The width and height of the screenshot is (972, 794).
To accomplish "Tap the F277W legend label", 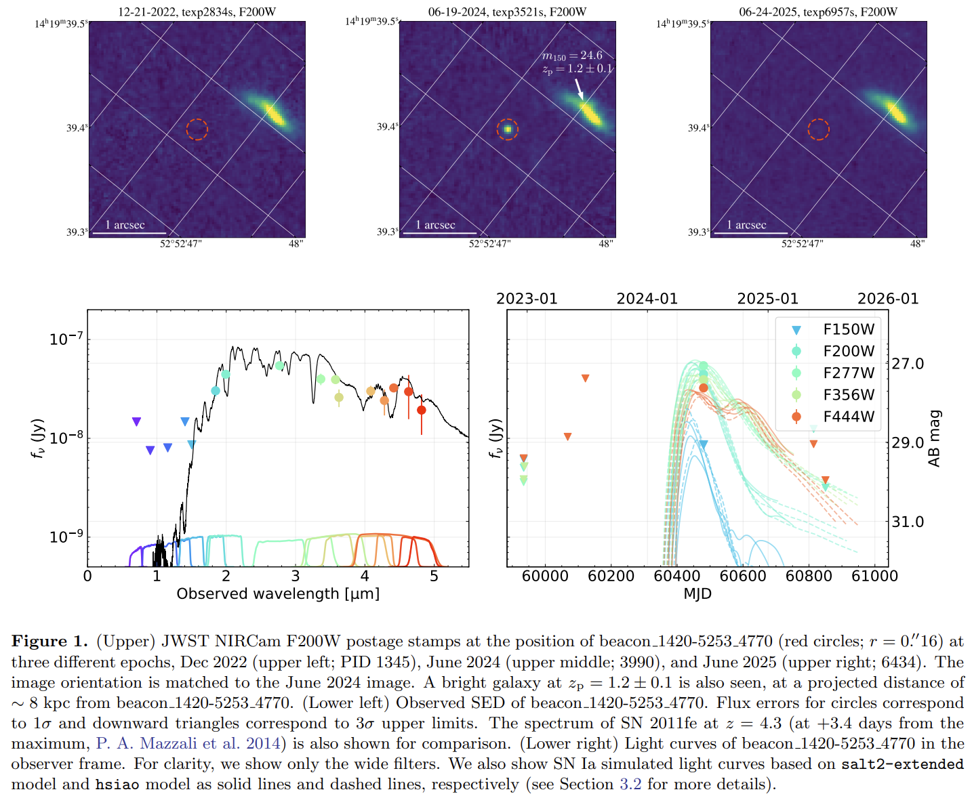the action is pos(849,373).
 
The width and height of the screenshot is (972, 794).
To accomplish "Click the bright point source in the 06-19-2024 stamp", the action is pos(508,129).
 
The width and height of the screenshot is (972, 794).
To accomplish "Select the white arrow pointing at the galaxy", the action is pos(579,89).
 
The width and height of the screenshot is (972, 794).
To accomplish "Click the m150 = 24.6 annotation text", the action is pos(572,56).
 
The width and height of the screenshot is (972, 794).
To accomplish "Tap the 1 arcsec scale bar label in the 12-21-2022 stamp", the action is pos(125,225).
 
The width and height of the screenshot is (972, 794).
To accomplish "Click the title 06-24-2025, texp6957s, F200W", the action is pos(818,12).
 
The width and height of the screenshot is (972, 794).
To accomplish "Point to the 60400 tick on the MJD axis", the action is pos(677,576).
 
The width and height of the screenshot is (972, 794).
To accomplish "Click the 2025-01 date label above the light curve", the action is pos(767,299).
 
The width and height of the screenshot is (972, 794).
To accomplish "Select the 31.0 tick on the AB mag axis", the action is pos(908,522).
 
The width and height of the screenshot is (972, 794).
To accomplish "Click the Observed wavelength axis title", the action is pos(278,593).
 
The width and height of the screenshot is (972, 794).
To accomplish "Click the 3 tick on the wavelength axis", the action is pos(296,576).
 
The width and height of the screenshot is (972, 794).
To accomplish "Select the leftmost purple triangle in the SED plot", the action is pos(136,421).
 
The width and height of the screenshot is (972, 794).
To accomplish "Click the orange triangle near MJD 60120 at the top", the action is pos(586,378).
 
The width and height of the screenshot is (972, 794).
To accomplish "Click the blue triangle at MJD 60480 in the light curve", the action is pos(704,444).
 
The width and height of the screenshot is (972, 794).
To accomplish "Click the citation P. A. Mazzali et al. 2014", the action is pos(188,743).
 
